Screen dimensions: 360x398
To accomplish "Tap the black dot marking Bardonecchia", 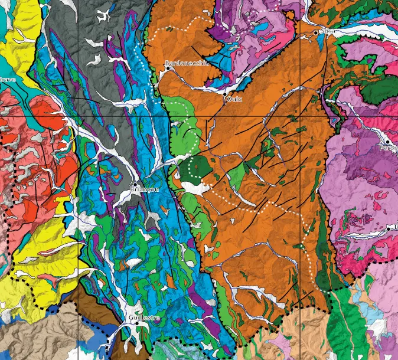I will [x=168, y=68].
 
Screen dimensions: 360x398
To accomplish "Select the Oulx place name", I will [x=234, y=99].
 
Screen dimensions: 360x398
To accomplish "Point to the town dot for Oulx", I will [x=225, y=94].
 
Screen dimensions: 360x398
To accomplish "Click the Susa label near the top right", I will [x=327, y=31].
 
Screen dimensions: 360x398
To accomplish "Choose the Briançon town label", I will [x=144, y=189].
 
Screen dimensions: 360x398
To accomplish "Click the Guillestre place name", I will [x=144, y=319].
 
